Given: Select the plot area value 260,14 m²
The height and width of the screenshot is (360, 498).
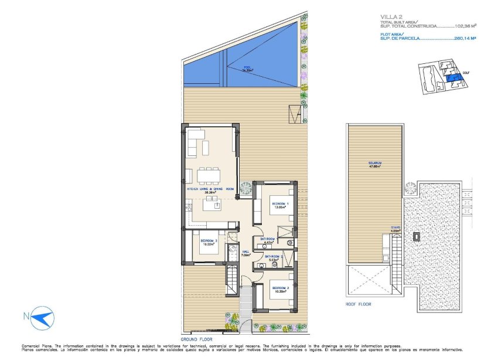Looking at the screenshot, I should point(458,39).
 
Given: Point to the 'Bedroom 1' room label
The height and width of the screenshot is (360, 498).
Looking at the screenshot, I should point(280,205).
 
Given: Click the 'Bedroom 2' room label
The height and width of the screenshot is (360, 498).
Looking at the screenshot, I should point(278,289).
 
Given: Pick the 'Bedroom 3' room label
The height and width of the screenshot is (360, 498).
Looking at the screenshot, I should point(209,242).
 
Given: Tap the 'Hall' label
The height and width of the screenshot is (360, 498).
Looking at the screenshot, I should point(246,253).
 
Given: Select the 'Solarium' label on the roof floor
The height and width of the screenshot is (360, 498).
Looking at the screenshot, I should point(375,164).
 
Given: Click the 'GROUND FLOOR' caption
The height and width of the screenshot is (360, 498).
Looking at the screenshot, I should point(196,339).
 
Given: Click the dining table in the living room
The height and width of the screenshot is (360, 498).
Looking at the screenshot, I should point(208,175).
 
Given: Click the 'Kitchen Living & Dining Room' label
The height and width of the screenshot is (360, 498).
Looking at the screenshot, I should point(210,189).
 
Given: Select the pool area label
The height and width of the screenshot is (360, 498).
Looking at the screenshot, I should point(247,69).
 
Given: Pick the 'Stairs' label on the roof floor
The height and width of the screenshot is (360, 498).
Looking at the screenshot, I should point(395,230).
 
